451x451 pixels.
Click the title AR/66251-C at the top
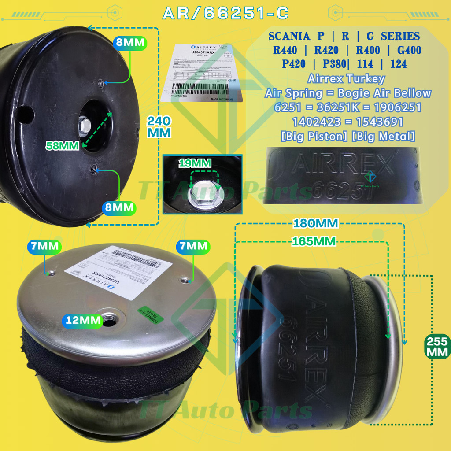click(x=225, y=13)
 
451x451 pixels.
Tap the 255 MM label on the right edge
click(x=436, y=346)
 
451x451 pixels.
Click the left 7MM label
click(x=44, y=246)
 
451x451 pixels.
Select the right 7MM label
click(x=192, y=246)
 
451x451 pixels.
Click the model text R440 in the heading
click(x=285, y=50)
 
